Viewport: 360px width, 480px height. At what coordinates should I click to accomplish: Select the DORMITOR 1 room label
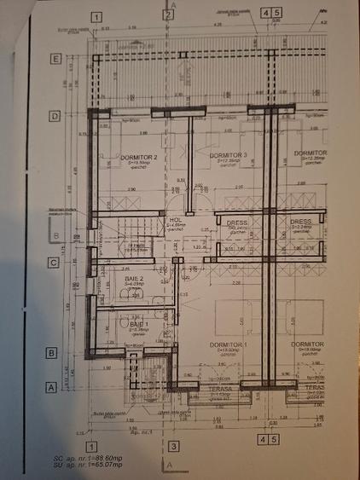coord(228,344)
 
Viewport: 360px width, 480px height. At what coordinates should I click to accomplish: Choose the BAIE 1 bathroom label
coord(139,325)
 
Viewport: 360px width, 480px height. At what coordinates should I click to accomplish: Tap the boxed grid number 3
coord(173,444)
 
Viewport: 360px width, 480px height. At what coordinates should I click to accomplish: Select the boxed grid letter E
coord(55,60)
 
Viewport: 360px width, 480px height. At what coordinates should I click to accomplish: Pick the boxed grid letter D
coord(55,115)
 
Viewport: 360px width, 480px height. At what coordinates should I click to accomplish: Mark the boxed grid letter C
coord(53,263)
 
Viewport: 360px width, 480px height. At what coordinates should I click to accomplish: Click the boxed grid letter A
coord(50,385)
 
